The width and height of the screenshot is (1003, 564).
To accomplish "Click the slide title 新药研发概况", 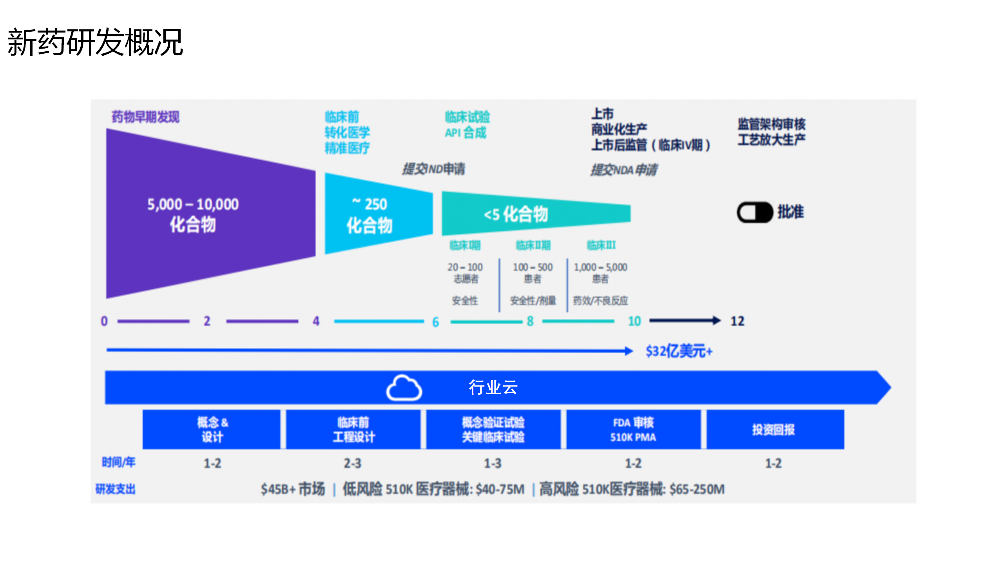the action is [95, 42].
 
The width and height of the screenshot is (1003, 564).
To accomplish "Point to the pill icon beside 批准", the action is [755, 212].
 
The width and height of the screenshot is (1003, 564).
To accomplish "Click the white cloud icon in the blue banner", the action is [404, 388].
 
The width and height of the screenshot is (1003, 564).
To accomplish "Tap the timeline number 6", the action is [435, 322].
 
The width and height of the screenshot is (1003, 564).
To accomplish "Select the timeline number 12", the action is [737, 321].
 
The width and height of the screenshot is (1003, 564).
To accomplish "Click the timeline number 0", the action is [104, 321].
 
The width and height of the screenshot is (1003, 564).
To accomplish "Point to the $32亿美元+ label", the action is [679, 351].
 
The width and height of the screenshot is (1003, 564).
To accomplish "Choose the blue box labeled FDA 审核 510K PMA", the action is [633, 430].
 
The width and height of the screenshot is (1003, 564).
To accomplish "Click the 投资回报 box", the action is [773, 430].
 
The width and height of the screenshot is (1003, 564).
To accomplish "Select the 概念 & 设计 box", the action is [212, 430].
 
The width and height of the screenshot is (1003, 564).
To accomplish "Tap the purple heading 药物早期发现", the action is [145, 117].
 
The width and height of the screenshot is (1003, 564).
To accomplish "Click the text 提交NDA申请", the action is [624, 170].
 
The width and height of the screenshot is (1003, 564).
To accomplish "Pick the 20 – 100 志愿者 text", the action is [465, 273].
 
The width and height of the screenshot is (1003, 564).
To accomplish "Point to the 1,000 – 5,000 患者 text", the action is [600, 273].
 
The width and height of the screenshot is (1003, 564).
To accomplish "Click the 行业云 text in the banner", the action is [493, 387].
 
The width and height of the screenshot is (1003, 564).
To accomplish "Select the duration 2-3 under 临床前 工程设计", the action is [352, 463].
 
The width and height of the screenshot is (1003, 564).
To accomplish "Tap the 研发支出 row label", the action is [116, 489].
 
